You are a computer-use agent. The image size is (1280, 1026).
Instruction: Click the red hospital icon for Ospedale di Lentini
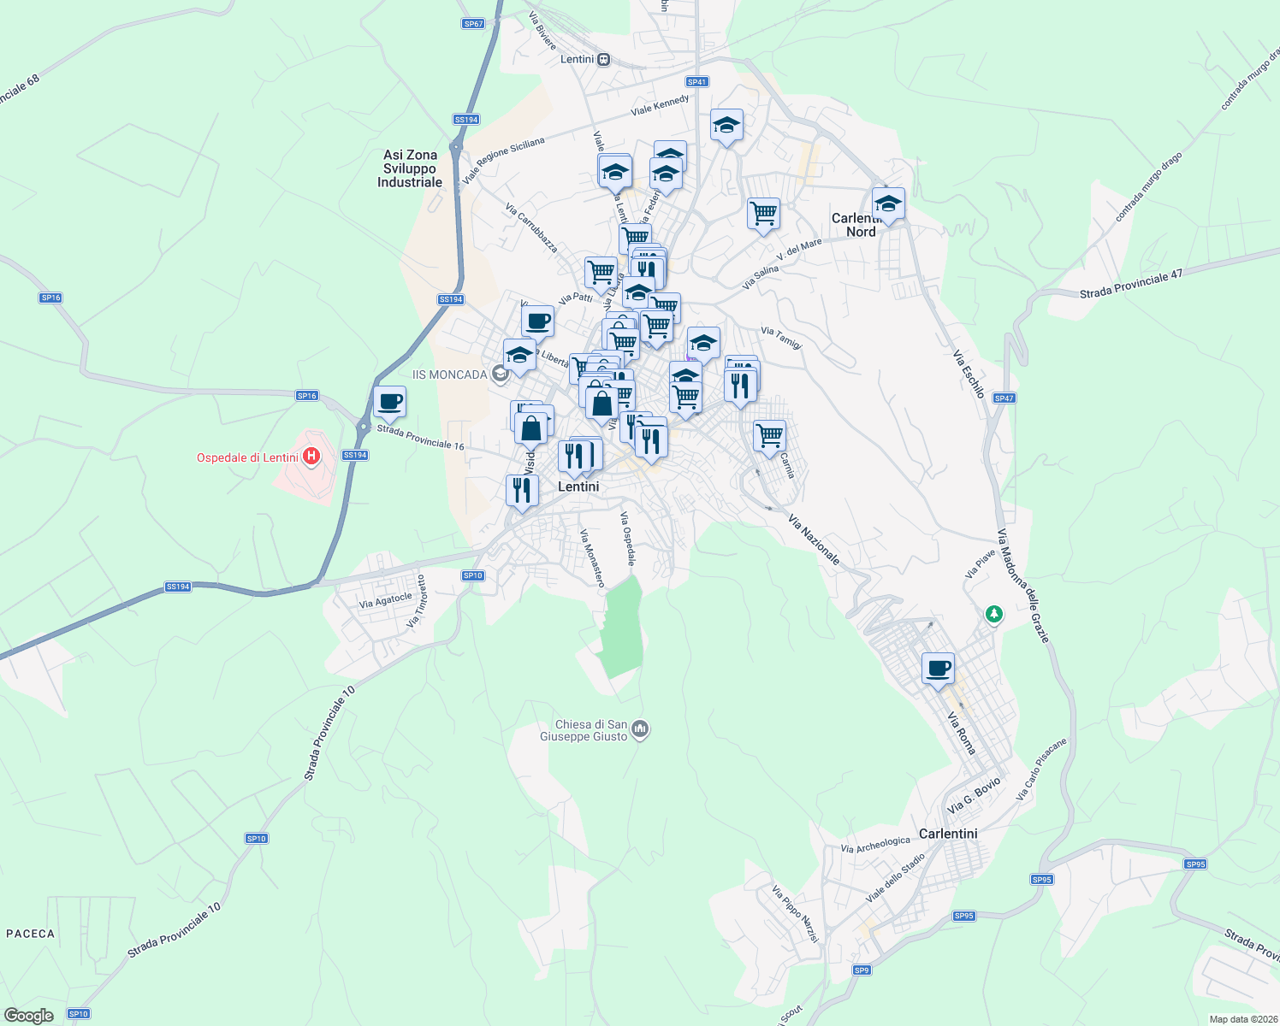click(311, 457)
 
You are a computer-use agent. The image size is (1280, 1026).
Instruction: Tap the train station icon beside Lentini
click(604, 59)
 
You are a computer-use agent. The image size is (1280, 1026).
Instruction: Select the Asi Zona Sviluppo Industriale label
click(410, 168)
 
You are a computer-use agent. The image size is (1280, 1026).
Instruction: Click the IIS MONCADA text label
click(449, 374)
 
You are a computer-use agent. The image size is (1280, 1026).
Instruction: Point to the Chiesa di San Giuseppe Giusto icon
click(640, 729)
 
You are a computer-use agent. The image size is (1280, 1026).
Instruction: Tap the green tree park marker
click(993, 614)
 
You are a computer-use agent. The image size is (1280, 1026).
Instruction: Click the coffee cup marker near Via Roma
click(938, 669)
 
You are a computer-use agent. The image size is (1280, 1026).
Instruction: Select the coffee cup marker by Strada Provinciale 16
click(389, 402)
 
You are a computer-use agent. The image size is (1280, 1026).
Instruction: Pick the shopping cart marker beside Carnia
click(769, 436)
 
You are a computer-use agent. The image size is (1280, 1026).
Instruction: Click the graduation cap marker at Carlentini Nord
click(888, 205)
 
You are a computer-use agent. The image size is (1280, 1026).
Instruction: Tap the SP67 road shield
click(473, 24)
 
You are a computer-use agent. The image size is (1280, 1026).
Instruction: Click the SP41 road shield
click(697, 82)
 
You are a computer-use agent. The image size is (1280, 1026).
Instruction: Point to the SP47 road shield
click(1004, 398)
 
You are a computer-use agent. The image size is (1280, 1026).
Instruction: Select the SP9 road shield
click(862, 970)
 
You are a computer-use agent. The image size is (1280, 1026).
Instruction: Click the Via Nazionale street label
click(814, 540)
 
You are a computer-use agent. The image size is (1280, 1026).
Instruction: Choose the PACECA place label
click(31, 934)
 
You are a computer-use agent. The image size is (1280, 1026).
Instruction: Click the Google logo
click(28, 1016)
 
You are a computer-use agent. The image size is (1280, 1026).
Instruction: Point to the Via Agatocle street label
click(386, 601)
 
